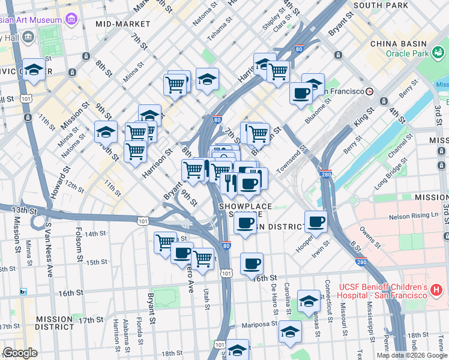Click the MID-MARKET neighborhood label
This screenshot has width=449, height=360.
122,24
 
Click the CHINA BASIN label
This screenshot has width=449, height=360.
399,44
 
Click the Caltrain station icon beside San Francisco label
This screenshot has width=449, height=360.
369,91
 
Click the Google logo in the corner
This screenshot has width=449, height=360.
20,353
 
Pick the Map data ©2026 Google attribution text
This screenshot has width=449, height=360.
411,355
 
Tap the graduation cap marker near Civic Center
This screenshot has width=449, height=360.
34,70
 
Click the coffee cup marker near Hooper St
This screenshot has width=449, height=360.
316,222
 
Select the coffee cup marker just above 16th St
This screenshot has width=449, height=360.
252,263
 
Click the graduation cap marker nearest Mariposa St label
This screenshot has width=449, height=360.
290,332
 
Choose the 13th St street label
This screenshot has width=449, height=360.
23,211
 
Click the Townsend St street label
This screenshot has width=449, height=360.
294,156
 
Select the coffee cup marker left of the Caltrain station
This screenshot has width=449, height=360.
301,92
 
